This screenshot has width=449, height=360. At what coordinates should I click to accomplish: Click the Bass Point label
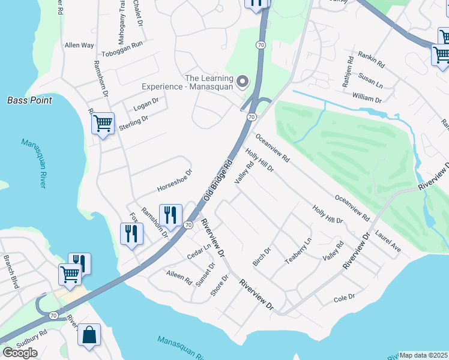(29, 100)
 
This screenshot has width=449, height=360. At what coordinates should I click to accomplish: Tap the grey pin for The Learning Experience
(243, 80)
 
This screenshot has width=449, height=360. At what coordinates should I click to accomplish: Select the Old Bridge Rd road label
(217, 180)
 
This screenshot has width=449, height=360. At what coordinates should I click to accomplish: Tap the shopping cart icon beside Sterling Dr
(103, 124)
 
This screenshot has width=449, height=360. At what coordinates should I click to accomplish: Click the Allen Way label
(80, 45)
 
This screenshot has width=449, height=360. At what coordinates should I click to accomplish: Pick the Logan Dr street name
(145, 104)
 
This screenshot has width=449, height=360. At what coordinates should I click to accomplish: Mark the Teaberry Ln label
(298, 250)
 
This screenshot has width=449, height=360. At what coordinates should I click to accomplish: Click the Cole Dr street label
(345, 297)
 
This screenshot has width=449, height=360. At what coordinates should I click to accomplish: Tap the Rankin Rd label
(371, 59)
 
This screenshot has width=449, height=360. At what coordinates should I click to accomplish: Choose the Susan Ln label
(370, 79)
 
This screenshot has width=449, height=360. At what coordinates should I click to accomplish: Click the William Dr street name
(367, 96)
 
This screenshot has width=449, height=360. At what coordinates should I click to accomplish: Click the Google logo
(20, 352)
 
